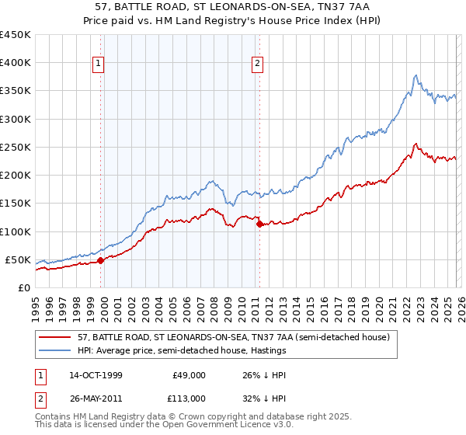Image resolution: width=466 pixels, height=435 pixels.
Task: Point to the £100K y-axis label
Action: tap(16, 231)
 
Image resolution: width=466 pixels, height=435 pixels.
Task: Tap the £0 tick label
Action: tap(23, 287)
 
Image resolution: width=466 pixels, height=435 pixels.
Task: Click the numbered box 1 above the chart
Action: tap(100, 64)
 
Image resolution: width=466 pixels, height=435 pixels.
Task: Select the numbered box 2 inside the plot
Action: tap(257, 64)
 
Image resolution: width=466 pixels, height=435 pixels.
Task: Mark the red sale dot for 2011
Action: tap(259, 224)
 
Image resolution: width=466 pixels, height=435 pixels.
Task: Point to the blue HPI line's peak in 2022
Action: tap(416, 75)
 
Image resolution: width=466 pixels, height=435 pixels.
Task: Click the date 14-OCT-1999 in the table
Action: tap(96, 374)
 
